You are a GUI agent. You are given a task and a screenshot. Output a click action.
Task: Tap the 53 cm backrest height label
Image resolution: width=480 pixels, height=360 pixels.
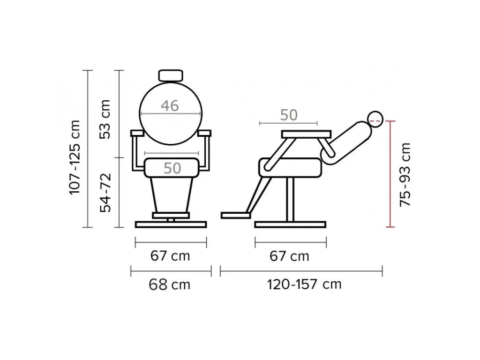tap(105, 119)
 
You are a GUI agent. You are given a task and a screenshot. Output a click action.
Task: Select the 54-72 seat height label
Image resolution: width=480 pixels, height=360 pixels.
tap(105, 193)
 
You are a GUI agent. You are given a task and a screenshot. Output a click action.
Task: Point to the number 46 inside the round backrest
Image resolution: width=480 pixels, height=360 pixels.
tap(170, 105)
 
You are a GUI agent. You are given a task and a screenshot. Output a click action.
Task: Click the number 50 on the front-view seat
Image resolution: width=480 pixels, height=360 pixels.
tap(172, 168)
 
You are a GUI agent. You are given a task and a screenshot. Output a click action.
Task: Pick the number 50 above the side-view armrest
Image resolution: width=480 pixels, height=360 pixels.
tap(289, 115)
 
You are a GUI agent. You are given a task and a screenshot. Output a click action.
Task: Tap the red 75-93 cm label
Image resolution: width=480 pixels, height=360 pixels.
tap(405, 174)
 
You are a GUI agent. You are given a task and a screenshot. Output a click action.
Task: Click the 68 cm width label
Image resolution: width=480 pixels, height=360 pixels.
tap(170, 285)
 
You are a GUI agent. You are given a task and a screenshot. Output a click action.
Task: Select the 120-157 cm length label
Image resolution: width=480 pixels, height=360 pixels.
tap(304, 285)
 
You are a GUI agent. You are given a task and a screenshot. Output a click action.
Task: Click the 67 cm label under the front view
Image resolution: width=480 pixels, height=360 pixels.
tap(170, 256)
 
